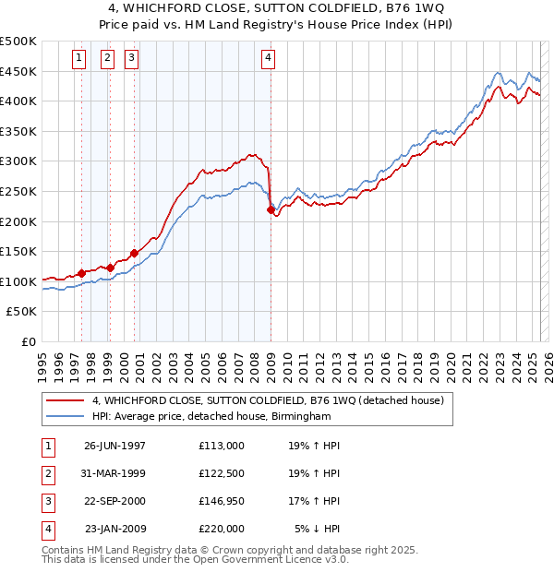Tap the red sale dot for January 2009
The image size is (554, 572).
click(x=271, y=209)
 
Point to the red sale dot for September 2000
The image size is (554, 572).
click(x=135, y=253)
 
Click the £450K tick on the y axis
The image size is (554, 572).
click(x=19, y=71)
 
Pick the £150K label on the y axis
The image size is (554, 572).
click(x=19, y=251)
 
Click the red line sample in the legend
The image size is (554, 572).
click(x=66, y=400)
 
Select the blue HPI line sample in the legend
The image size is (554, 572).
click(x=66, y=416)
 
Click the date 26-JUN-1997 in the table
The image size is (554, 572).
click(x=114, y=446)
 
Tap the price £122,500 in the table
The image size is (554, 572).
click(x=222, y=473)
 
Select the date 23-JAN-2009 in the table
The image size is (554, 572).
click(x=114, y=529)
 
